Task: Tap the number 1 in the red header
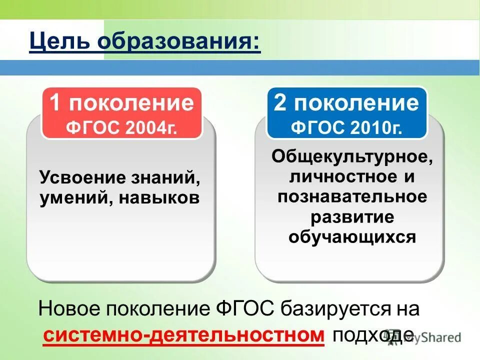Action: pyautogui.click(x=56, y=102)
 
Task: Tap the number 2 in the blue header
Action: pyautogui.click(x=280, y=102)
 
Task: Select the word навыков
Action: pyautogui.click(x=160, y=198)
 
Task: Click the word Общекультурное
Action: pyautogui.click(x=352, y=156)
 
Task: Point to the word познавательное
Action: pyautogui.click(x=352, y=196)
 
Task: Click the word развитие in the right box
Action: pyautogui.click(x=352, y=216)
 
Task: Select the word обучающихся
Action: pyautogui.click(x=352, y=236)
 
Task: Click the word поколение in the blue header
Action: pyautogui.click(x=355, y=102)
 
